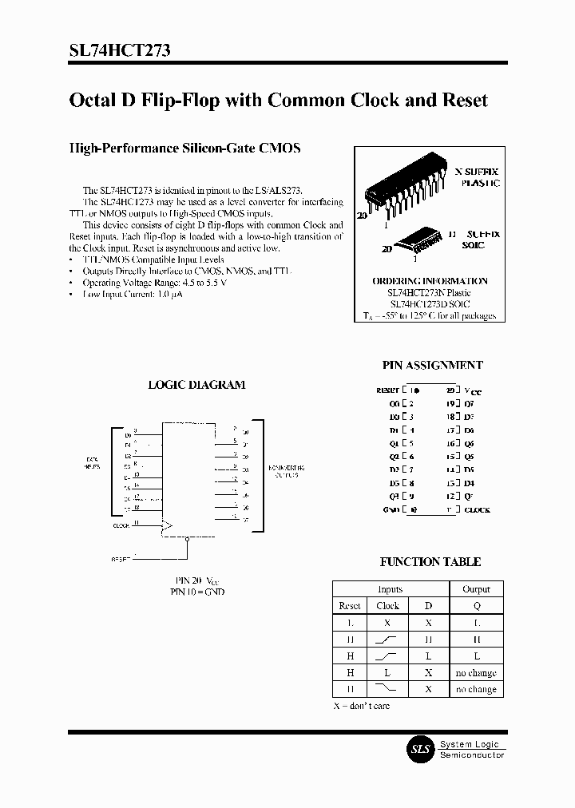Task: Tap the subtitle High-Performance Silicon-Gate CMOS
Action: pos(184,149)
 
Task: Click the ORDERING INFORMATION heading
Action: pos(430,281)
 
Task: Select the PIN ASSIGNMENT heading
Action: pos(432,365)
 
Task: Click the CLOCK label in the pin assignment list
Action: pos(477,509)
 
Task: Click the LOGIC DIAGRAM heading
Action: pos(196,385)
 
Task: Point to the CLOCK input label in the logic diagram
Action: pos(121,525)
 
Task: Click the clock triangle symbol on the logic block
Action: pos(168,526)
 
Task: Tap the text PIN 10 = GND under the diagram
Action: pos(197,592)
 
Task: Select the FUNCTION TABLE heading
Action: pos(430,562)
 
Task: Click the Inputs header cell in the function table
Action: pos(390,589)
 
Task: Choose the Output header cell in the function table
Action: pos(476,589)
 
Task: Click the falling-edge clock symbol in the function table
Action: pos(388,689)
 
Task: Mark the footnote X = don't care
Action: pos(361,707)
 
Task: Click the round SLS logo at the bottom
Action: pos(420,749)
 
